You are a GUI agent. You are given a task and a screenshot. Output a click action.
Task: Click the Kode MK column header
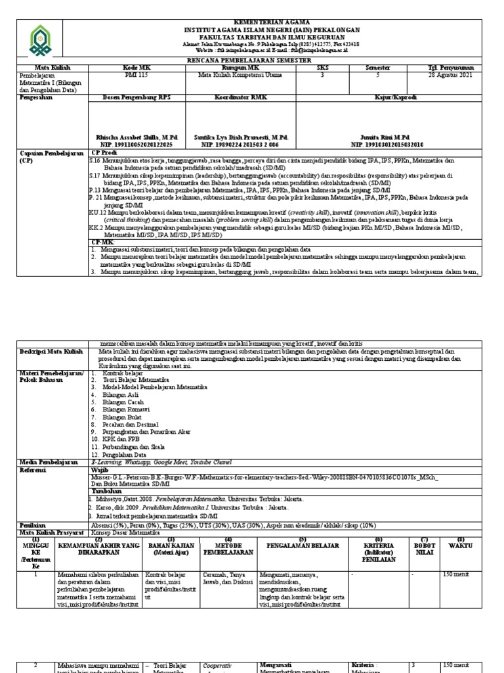click(x=136, y=68)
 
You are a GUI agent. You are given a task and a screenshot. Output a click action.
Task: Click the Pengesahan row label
click(x=38, y=97)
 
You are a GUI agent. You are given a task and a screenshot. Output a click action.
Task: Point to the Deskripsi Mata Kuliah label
click(x=52, y=352)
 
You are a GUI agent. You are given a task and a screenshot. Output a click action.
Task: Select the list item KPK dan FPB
click(x=116, y=438)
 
